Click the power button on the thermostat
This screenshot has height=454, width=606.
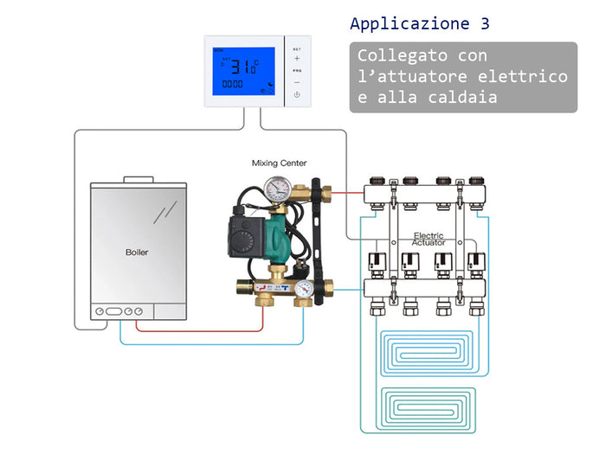pyautogui.click(x=297, y=93)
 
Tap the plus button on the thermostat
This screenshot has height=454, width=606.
pyautogui.click(x=297, y=59)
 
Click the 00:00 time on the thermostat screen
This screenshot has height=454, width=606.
pyautogui.click(x=232, y=85)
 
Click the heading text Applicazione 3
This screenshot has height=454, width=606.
pyautogui.click(x=425, y=22)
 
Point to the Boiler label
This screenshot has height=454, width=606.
pyautogui.click(x=137, y=253)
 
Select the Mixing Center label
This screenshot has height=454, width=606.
pyautogui.click(x=279, y=163)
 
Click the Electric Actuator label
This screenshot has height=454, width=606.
pyautogui.click(x=429, y=240)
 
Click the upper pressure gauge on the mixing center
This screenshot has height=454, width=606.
pyautogui.click(x=279, y=188)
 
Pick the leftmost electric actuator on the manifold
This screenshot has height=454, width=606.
pyautogui.click(x=377, y=262)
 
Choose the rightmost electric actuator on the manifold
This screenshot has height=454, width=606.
pyautogui.click(x=474, y=262)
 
